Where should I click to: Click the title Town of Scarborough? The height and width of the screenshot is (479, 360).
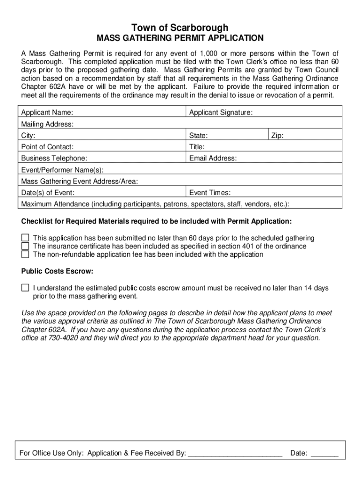click(180, 28)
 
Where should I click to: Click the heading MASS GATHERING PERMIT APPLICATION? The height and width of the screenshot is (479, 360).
click(180, 38)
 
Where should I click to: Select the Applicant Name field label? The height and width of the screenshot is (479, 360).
click(47, 112)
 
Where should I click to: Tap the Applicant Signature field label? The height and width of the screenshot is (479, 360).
click(221, 112)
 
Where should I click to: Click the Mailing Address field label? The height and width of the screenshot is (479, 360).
click(47, 124)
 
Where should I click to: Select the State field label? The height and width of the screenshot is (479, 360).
click(198, 136)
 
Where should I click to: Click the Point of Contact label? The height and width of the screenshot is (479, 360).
click(47, 147)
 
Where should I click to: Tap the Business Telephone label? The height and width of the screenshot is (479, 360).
click(54, 158)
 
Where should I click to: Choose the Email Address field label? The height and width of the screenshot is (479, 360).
click(213, 158)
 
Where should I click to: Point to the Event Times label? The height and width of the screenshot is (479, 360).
click(209, 193)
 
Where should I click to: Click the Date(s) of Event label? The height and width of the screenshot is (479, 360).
click(48, 193)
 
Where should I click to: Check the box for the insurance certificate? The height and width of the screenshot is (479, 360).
click(25, 246)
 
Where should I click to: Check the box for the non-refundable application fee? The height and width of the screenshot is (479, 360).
click(25, 254)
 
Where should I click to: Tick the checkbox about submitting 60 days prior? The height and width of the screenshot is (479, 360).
click(25, 238)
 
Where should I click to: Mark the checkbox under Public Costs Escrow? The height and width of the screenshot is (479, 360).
click(25, 288)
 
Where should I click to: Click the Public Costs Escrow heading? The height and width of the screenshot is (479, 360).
click(58, 271)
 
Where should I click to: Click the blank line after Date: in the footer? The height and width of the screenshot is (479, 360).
click(324, 453)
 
